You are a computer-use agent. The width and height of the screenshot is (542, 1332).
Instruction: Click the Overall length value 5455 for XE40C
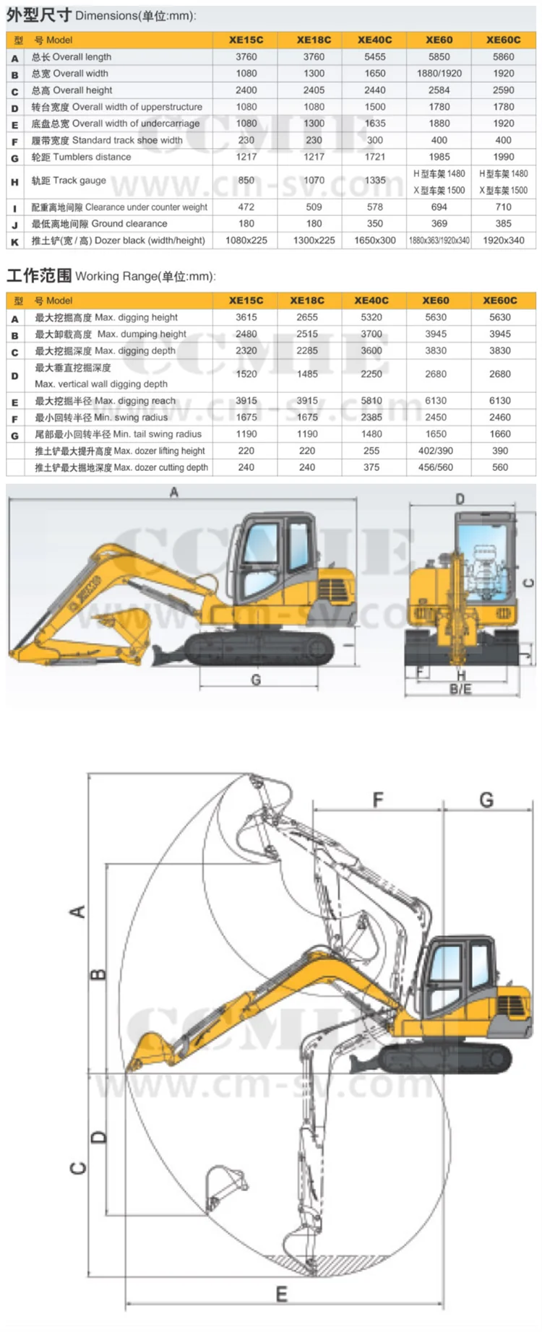[x=374, y=56]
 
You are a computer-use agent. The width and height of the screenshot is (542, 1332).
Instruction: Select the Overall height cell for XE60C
[x=503, y=90]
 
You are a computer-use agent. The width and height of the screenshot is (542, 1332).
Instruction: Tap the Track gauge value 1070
[x=314, y=181]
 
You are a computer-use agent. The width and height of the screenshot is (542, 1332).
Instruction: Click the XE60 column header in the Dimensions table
[x=439, y=40]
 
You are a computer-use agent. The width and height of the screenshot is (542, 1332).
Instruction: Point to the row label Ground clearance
[x=99, y=224]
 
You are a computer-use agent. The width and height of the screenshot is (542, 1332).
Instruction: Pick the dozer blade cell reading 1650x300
[x=374, y=241]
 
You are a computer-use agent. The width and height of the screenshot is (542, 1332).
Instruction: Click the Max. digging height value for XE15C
[x=246, y=317]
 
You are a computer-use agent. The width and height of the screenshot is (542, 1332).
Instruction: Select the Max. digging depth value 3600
[x=371, y=350]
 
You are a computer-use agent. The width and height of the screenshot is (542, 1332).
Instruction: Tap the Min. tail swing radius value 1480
[x=371, y=434]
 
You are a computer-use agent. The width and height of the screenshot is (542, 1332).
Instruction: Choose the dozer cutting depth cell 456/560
[x=435, y=467]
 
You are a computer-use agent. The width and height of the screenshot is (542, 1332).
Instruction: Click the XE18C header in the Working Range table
[x=307, y=300]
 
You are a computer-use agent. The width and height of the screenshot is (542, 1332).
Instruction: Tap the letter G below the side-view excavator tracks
[x=256, y=679]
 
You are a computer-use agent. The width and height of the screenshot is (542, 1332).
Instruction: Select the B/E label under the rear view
[x=460, y=689]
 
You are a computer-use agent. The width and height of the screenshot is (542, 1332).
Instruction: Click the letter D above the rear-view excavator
[x=460, y=498]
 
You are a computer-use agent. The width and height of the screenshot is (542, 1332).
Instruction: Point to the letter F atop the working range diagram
[x=378, y=800]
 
